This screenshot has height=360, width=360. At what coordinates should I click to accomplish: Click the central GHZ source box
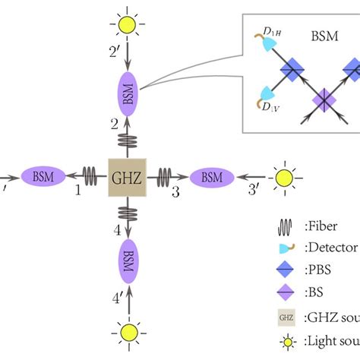coord(126,177)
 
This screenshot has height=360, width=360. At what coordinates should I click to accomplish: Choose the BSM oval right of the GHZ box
coord(212,177)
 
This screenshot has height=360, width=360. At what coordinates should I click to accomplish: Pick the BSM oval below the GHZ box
coord(126,260)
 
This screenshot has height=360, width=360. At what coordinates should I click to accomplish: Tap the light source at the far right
coord(285,178)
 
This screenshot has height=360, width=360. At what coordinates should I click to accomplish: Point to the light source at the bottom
coord(126,331)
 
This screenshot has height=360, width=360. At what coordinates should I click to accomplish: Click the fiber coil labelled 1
coord(92,177)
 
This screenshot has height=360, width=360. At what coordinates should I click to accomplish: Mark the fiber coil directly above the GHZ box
coord(126,141)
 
